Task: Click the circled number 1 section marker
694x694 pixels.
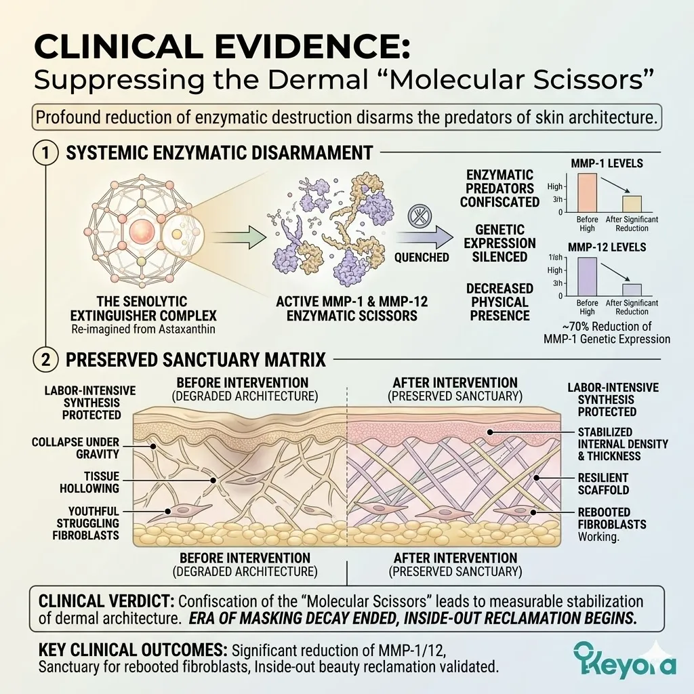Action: (45, 152)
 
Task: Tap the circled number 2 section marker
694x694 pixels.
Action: (45, 359)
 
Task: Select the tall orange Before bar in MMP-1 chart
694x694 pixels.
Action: (587, 193)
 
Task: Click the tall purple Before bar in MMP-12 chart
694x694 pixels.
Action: (587, 277)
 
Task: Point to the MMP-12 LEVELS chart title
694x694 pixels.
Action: (609, 247)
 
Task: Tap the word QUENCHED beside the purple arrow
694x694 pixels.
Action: (422, 258)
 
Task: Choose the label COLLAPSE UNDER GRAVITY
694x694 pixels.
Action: (75, 448)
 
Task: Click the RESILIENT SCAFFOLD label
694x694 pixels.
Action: (603, 484)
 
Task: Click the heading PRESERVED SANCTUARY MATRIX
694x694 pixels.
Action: (197, 359)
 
